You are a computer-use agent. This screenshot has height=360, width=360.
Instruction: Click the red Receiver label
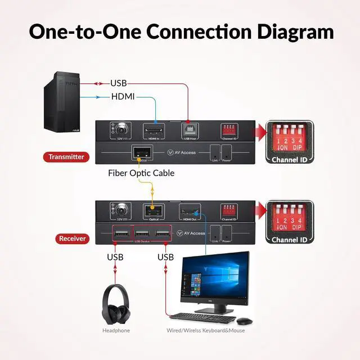73,238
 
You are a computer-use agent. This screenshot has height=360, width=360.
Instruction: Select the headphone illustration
115,304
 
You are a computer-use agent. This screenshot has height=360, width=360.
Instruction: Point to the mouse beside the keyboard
244,321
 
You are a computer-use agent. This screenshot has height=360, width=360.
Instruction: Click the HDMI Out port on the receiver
188,211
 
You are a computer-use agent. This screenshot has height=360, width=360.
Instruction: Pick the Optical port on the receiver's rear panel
153,211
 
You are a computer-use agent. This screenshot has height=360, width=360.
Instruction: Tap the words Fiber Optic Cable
141,173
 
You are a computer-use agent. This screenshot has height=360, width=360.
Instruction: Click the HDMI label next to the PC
123,97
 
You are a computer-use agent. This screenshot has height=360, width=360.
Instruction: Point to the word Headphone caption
116,331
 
